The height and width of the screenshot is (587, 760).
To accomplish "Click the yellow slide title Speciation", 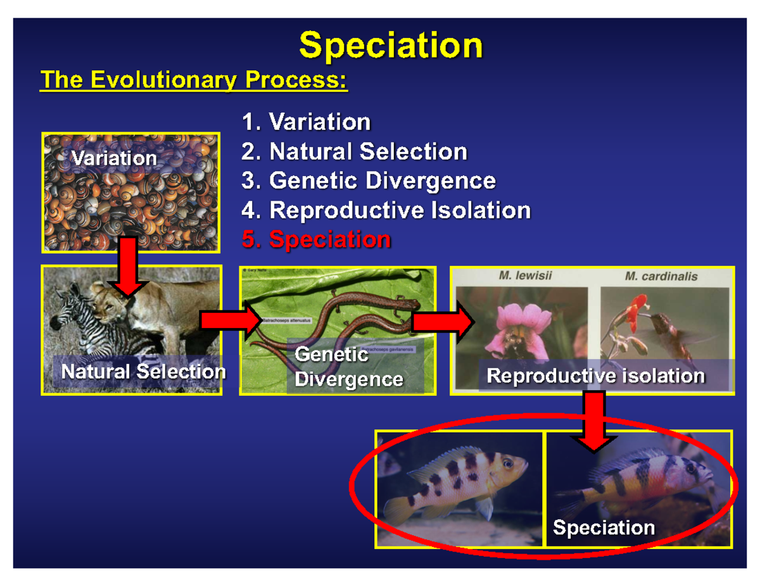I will (391, 46).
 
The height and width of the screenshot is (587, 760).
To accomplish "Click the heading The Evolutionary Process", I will (194, 80).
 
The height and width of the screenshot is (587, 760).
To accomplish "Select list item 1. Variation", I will (306, 122).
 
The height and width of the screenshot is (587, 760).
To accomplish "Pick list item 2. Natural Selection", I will (354, 151).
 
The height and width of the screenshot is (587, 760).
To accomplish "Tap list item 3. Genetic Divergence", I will (368, 181).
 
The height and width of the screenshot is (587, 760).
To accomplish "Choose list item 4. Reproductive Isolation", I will (386, 210).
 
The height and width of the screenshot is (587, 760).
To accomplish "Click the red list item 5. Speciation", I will (316, 240).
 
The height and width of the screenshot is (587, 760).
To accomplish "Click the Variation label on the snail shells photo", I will (114, 158).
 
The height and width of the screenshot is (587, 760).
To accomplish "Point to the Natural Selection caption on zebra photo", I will (143, 372).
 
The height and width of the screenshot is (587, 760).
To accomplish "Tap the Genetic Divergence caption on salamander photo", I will (348, 367).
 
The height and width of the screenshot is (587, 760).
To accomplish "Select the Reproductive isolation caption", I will (595, 376).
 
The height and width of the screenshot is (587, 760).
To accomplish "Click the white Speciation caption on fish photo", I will (604, 527).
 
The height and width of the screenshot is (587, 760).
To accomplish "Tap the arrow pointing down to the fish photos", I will (593, 421).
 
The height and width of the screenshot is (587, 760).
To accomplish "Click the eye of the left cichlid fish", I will (507, 464).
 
